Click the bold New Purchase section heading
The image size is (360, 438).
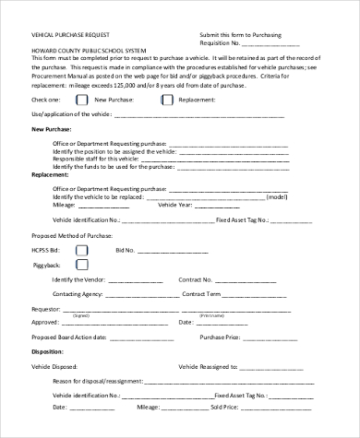pyautogui.click(x=52, y=129)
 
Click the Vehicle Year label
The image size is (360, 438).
pyautogui.click(x=174, y=205)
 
